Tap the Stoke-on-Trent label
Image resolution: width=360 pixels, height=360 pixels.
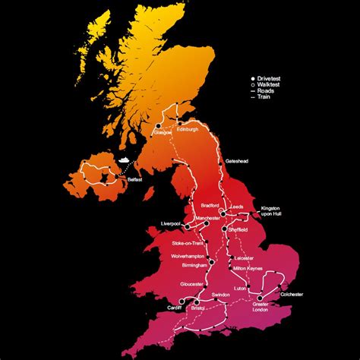[x=188, y=243]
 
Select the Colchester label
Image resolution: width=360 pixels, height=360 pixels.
[x=291, y=294]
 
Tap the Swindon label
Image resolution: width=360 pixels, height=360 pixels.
[x=220, y=294]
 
